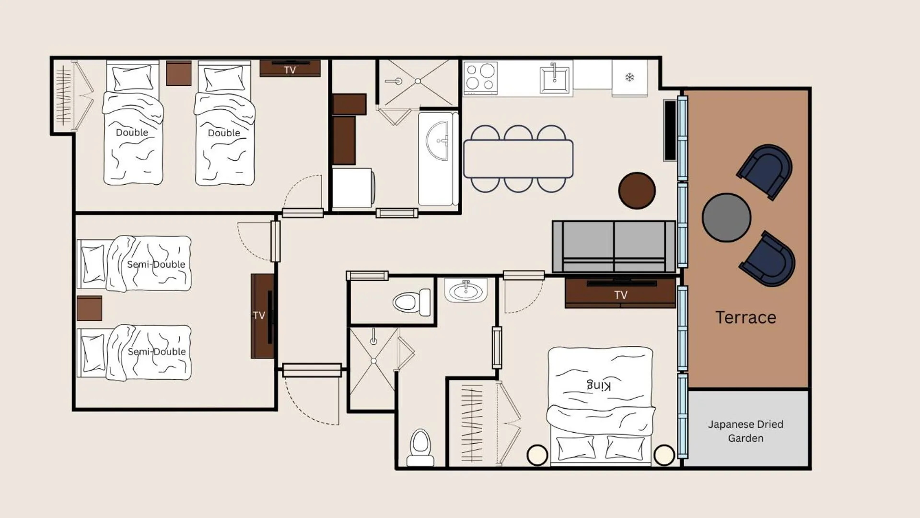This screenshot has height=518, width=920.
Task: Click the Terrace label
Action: point(745,318)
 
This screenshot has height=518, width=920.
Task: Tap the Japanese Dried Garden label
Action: point(745,431)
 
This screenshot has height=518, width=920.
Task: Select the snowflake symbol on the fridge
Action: point(629,77)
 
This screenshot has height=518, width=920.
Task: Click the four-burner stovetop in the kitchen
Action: point(480,78)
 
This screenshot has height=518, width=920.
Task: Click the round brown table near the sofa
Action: point(637,190)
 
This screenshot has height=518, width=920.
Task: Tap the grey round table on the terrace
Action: point(726,217)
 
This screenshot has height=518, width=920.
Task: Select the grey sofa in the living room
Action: point(614,247)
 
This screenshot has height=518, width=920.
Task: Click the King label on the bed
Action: point(599,385)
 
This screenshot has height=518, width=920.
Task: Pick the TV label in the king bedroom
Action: point(621,295)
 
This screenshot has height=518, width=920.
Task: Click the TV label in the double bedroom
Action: point(290,70)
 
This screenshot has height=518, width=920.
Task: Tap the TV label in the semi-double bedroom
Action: point(259,315)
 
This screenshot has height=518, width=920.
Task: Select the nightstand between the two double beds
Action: point(179,73)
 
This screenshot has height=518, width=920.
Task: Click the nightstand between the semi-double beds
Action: point(89,308)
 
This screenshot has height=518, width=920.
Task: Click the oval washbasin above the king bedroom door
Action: point(465,291)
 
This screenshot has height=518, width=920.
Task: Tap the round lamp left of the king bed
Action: point(537,455)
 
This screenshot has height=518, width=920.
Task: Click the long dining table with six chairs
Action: point(518,159)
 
